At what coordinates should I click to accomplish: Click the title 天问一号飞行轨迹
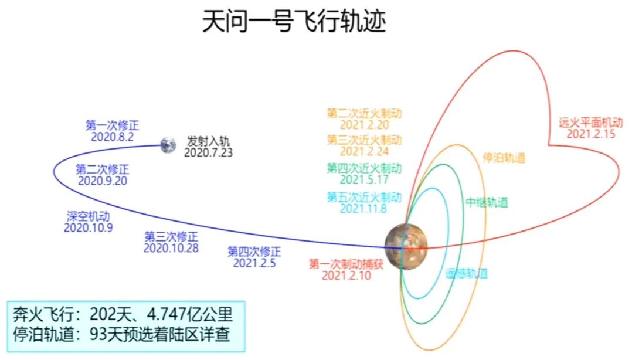pyautogui.click(x=294, y=21)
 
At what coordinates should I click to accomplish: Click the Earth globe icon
pyautogui.click(x=168, y=145)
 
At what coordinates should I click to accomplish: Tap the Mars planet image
pyautogui.click(x=405, y=246)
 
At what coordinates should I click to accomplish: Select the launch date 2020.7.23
pyautogui.click(x=208, y=152)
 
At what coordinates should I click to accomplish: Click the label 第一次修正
pyautogui.click(x=112, y=125)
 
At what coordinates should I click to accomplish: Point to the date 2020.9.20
pyautogui.click(x=103, y=181)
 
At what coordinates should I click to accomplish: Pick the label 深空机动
pyautogui.click(x=89, y=216)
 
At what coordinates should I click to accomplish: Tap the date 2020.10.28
pyautogui.click(x=171, y=248)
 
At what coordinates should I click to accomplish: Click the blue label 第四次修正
pyautogui.click(x=254, y=252)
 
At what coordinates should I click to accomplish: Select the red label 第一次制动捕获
pyautogui.click(x=346, y=264)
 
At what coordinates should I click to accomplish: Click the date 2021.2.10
pyautogui.click(x=346, y=276)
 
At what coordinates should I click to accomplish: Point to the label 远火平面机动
pyautogui.click(x=591, y=123)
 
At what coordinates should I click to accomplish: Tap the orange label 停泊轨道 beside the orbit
pyautogui.click(x=504, y=158)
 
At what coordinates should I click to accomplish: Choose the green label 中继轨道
pyautogui.click(x=487, y=202)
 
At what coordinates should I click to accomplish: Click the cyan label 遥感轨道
pyautogui.click(x=467, y=274)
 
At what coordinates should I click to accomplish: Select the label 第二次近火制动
pyautogui.click(x=365, y=113)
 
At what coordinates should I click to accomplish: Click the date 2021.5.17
pyautogui.click(x=365, y=179)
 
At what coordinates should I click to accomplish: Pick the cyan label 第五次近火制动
pyautogui.click(x=365, y=197)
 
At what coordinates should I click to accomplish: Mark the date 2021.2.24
pyautogui.click(x=365, y=151)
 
